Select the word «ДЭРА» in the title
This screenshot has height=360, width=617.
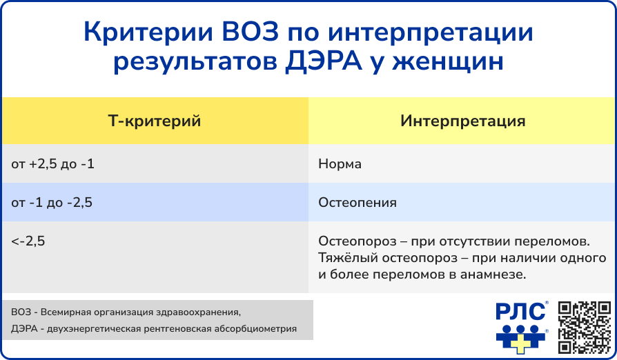pos(323,62)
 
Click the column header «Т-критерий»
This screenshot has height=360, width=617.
pos(155,121)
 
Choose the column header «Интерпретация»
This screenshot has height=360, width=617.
pos(462,121)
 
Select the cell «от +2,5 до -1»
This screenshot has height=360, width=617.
pos(52,163)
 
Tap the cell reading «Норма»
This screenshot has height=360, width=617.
pos(340,163)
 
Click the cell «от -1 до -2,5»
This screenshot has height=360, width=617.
pos(52,202)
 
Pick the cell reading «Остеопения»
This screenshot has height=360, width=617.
pos(358,202)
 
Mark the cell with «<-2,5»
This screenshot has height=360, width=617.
pos(28,241)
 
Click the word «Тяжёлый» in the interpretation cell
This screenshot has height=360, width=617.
pos(346,258)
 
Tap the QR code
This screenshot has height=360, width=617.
pos(585,327)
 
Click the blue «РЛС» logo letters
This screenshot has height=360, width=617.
pos(520,312)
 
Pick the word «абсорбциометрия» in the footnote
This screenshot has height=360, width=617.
pos(255,328)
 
